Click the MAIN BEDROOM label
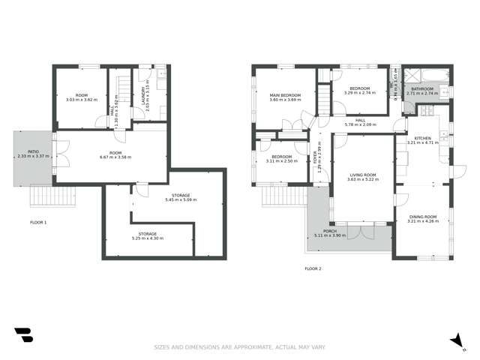tap(286, 95)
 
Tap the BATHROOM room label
tap(421, 89)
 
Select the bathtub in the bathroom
tap(421, 76)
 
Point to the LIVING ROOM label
tap(361, 175)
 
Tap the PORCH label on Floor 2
tap(331, 230)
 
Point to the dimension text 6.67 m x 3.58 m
tap(109, 157)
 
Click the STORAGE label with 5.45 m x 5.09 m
tap(180, 196)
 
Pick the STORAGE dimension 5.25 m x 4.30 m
tap(147, 238)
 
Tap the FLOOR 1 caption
tap(38, 223)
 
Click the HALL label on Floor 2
tap(360, 120)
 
